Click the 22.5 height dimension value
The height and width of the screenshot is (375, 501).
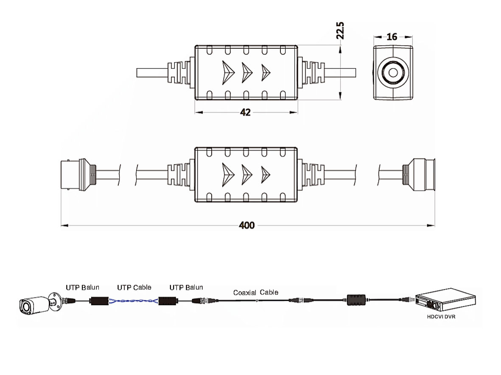coord(340,31)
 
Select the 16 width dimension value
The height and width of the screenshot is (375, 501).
coord(392,37)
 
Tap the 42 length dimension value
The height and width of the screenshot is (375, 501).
coord(245,112)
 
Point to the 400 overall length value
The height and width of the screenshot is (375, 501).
coord(246,225)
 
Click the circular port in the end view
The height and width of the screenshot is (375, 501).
coord(393,72)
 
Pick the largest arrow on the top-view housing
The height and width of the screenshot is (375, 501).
coord(228,72)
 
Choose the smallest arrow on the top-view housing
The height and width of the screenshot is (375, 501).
coord(266,72)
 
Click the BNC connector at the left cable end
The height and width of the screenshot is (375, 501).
coord(78,175)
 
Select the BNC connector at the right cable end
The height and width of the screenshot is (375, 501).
coord(419,175)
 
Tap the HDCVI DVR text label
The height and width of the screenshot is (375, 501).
coord(441,317)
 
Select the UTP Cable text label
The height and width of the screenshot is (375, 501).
coord(134,288)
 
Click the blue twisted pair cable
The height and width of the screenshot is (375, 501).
coord(134,301)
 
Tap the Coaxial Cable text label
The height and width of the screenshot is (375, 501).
coord(256,292)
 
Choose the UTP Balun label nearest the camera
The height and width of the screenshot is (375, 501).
coord(82,287)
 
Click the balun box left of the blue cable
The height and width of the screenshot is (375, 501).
coord(100,301)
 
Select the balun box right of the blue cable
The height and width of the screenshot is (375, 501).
coord(168,301)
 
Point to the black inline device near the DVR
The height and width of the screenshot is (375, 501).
coord(356,300)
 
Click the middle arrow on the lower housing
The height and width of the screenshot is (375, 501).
coord(247,175)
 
